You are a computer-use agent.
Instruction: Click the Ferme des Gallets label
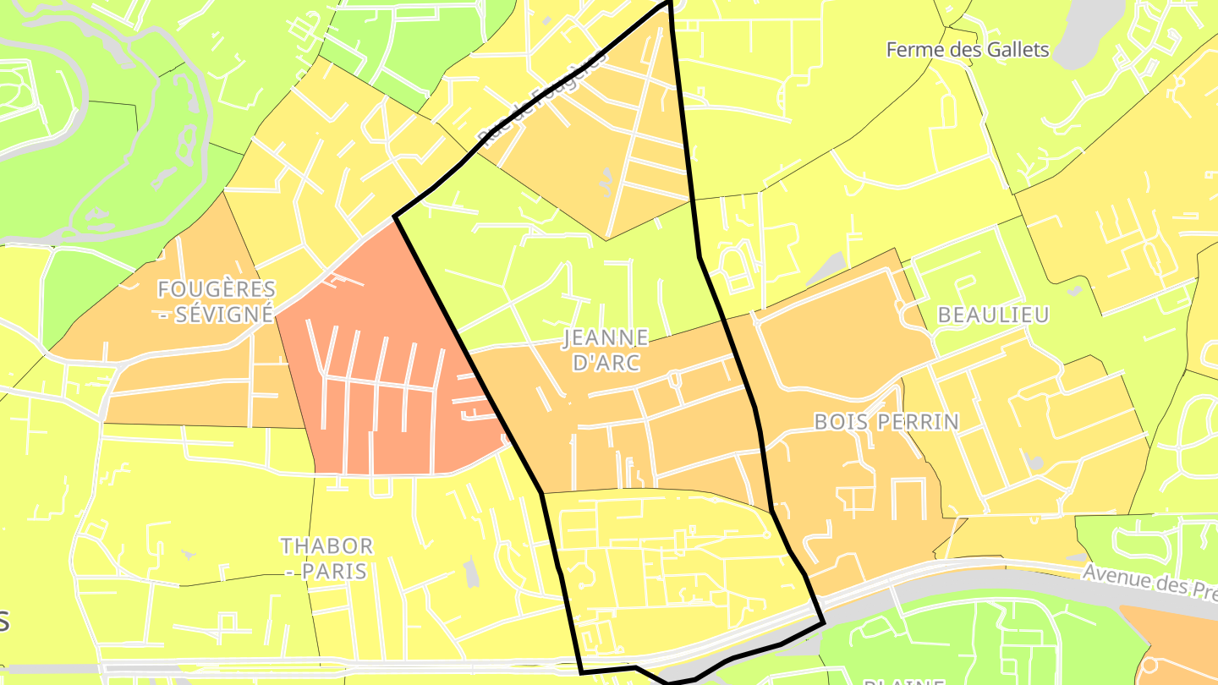tap(968, 50)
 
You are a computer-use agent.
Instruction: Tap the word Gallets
tap(1018, 50)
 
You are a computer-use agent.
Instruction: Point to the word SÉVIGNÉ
tap(226, 315)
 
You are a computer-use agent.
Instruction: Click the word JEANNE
tap(606, 338)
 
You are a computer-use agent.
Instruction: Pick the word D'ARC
tap(606, 364)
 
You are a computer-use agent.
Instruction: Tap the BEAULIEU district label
tap(993, 315)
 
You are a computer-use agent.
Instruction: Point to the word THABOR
tap(326, 545)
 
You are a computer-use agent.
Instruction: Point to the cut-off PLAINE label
tap(897, 680)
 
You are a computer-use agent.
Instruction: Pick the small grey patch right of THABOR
tap(471, 573)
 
